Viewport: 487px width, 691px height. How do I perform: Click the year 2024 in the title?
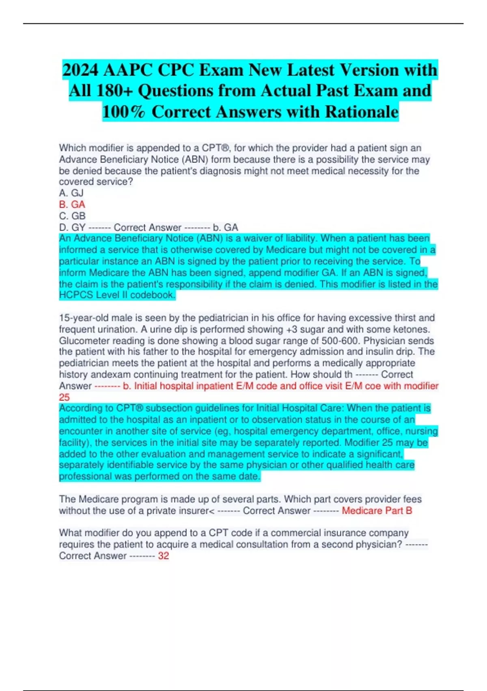pyautogui.click(x=80, y=70)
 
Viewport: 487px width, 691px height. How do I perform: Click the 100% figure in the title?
pyautogui.click(x=123, y=112)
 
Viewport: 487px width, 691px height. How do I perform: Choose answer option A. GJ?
pyautogui.click(x=71, y=193)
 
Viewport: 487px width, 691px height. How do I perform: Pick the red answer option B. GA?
pyautogui.click(x=72, y=204)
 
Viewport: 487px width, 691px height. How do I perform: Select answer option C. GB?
pyautogui.click(x=72, y=216)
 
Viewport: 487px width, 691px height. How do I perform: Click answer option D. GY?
pyautogui.click(x=72, y=227)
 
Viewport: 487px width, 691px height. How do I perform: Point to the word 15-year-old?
pyautogui.click(x=84, y=318)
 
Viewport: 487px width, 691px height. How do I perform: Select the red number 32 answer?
pyautogui.click(x=164, y=556)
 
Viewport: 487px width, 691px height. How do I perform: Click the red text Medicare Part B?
pyautogui.click(x=377, y=511)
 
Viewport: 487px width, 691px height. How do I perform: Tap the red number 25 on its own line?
pyautogui.click(x=64, y=397)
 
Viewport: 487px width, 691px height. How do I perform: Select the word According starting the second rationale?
pyautogui.click(x=82, y=408)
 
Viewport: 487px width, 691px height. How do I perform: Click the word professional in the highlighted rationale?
pyautogui.click(x=85, y=476)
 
